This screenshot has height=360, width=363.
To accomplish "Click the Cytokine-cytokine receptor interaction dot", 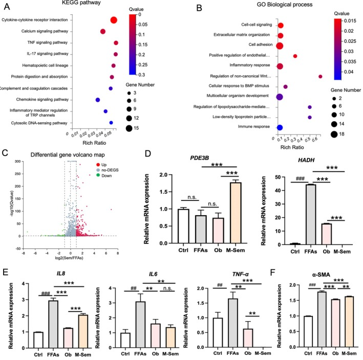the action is tap(114, 20).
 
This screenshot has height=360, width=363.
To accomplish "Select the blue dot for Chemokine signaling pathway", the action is tap(98, 100).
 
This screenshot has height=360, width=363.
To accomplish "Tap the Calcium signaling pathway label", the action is tap(45, 31).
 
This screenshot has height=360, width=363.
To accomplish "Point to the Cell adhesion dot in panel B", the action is tap(280, 46).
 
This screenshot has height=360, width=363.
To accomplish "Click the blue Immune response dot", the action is tap(280, 127).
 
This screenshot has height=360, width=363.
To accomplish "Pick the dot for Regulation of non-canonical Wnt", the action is tap(320, 77).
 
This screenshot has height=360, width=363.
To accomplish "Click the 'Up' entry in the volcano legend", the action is tap(102, 165).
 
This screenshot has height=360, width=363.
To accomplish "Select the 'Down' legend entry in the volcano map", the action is tap(104, 175).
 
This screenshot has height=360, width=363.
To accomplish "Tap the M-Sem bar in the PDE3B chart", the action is tap(236, 213).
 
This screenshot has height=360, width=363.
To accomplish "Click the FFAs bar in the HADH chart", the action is tap(310, 215).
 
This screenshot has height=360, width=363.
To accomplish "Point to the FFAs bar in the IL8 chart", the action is tap(53, 324).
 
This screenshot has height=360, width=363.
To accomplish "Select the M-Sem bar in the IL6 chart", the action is tap(170, 337).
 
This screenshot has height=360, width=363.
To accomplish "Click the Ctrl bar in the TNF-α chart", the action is tap(218, 333).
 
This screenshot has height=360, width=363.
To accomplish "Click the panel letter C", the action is tap(5, 153).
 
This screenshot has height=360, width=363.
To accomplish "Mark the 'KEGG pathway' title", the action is tap(81, 3).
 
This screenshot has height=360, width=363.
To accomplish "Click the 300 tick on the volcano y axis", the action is tap(18, 162).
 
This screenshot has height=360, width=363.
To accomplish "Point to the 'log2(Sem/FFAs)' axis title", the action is tap(69, 258).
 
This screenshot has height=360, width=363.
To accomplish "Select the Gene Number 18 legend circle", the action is tap(334, 134).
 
